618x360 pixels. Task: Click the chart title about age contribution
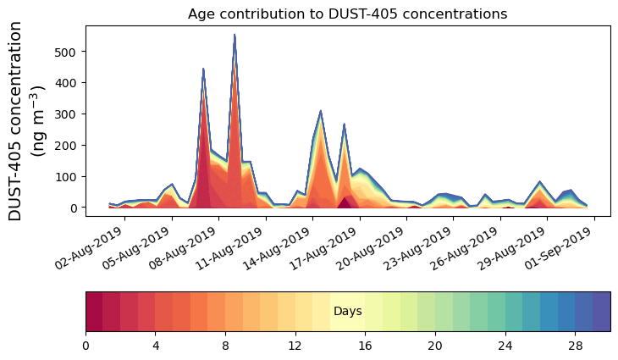coord(347,14)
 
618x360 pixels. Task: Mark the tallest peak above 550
coord(235,36)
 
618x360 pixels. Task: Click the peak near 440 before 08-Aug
coord(203,69)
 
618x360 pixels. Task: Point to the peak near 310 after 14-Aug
coord(321,111)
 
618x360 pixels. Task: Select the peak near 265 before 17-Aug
coord(344,125)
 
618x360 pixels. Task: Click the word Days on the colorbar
coord(348,312)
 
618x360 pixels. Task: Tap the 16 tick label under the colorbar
coord(365,346)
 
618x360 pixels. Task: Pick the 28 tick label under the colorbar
coord(575,346)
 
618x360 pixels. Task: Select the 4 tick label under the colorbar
coord(156,346)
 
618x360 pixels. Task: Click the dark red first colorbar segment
coord(94,312)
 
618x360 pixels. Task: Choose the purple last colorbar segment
coord(601,312)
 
